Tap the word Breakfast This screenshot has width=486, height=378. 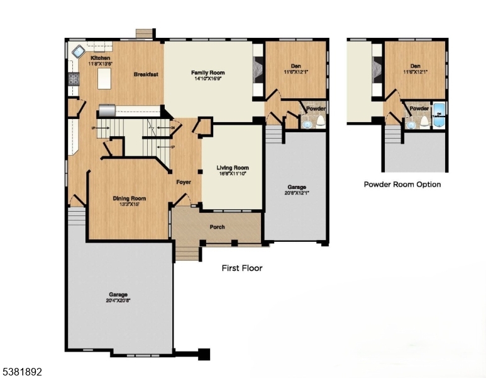[145, 74]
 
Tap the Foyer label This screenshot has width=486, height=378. [184, 182]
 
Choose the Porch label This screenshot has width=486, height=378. [217, 227]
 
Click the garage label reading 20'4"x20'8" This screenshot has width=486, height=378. [118, 297]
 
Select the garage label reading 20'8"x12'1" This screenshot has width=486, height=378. [298, 190]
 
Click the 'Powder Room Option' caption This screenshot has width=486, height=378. [402, 185]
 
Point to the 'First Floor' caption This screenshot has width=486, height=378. [242, 268]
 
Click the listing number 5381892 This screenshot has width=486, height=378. [21, 372]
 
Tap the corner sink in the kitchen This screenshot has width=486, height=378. [78, 51]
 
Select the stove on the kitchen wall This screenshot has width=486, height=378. [74, 79]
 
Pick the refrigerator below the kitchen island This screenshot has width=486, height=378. [107, 111]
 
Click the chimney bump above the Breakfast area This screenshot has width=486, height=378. [145, 33]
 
